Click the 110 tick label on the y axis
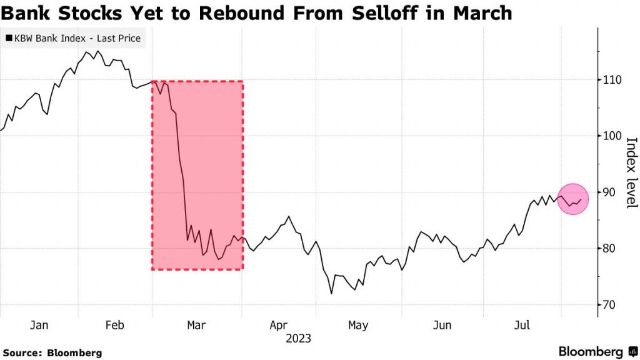click(613, 80)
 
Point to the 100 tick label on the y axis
click(613, 136)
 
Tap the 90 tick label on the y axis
click(611, 192)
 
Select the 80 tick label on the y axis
click(611, 249)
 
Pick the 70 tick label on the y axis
click(611, 305)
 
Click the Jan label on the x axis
click(39, 325)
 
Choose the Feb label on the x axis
click(114, 325)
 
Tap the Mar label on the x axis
click(197, 325)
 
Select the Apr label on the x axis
click(279, 325)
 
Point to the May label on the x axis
click(358, 325)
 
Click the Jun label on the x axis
click(442, 325)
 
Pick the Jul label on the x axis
click(521, 325)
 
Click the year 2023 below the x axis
click(299, 339)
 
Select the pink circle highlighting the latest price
click(572, 199)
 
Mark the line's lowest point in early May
click(332, 293)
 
